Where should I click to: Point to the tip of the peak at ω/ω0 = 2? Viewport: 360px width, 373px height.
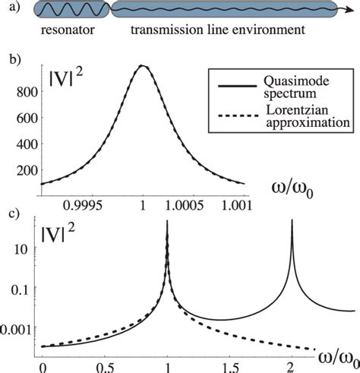point(292,222)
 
